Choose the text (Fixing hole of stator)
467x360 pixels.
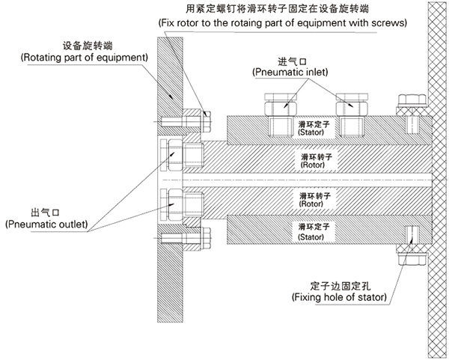pos(338,297)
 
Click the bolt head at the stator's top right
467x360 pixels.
pos(410,101)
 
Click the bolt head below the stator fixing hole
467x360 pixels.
pos(410,257)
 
